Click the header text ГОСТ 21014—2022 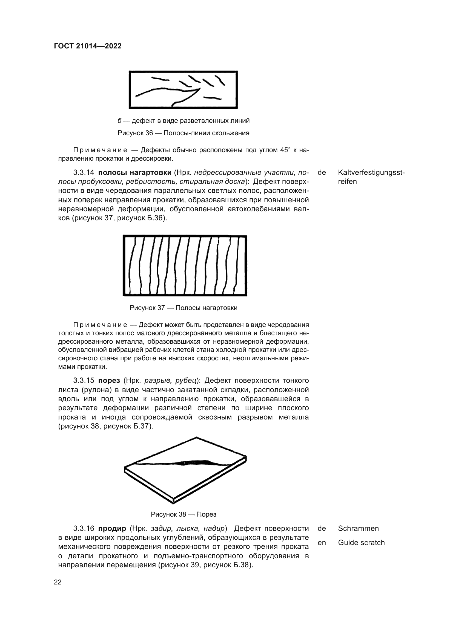88,46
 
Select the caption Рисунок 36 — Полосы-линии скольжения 183,133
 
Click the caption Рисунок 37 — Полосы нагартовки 183,308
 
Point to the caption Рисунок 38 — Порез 183,514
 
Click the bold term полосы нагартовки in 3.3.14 135,173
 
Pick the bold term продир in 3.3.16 112,529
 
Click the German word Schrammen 358,529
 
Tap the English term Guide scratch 361,543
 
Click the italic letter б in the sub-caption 119,121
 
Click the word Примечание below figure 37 100,325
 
